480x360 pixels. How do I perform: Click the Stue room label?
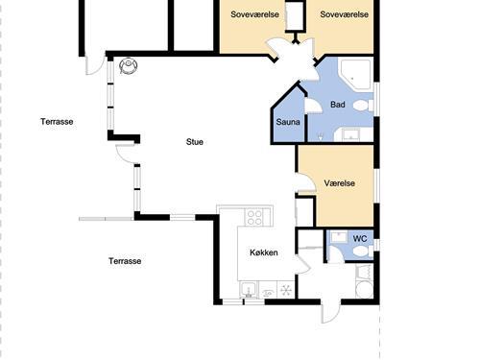195,142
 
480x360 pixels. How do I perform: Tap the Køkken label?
264,252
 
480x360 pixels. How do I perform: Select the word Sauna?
288,122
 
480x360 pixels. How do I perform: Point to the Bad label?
338,105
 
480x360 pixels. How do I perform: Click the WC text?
360,239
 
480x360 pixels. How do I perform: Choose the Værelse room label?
340,183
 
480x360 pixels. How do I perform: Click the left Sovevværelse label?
254,14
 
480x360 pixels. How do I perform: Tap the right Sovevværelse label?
345,14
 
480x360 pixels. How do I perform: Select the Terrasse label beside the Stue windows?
57,122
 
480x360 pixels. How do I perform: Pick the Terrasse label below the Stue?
125,261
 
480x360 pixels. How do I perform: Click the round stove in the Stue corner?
129,65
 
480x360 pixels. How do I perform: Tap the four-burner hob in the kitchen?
255,217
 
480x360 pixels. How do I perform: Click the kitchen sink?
249,291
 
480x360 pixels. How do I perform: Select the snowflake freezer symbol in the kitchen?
286,290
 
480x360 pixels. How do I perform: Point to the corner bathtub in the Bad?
355,74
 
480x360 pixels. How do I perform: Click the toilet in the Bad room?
363,106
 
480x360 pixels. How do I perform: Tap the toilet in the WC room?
363,252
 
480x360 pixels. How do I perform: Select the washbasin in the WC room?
338,237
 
